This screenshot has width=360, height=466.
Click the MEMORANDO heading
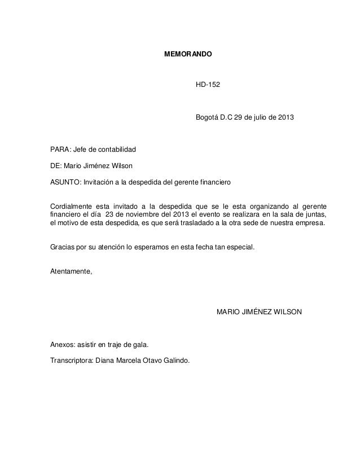tap(188, 56)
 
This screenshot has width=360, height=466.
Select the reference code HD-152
tap(208, 85)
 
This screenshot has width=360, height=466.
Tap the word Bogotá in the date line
tap(207, 118)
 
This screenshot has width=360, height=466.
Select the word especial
tap(240, 247)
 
